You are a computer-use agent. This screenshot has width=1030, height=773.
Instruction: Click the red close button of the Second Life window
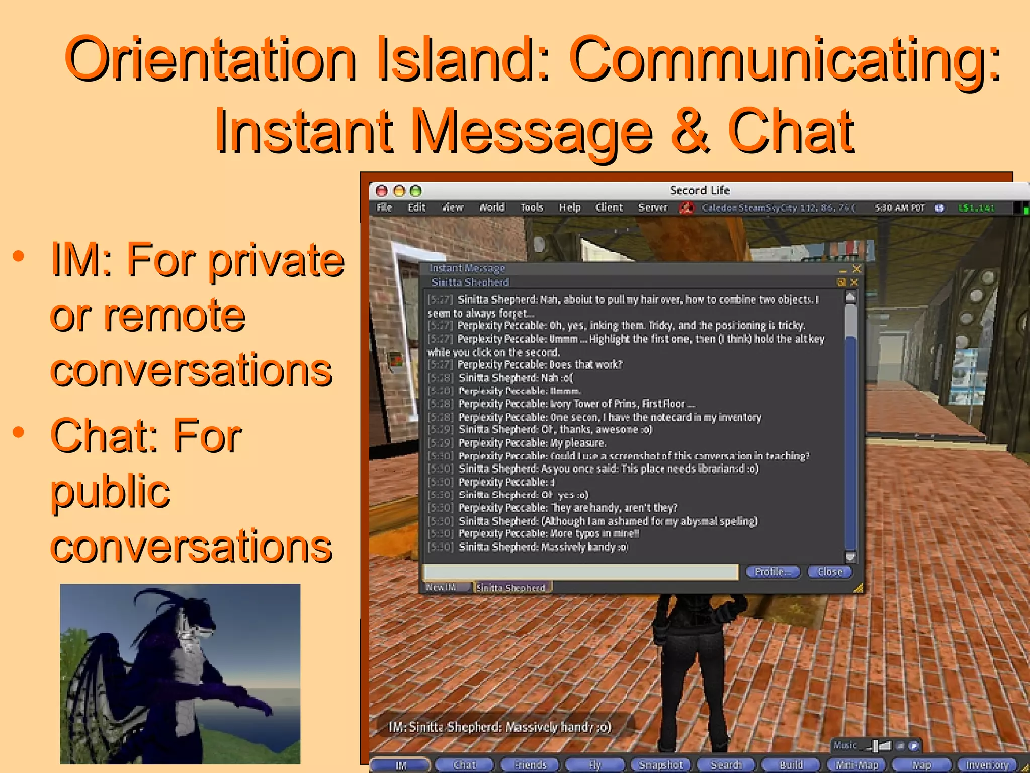tap(382, 191)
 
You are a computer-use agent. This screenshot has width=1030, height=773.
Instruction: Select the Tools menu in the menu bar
tap(532, 207)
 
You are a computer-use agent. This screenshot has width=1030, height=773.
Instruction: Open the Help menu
tap(569, 207)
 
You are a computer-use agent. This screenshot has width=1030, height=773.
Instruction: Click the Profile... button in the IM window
tap(772, 572)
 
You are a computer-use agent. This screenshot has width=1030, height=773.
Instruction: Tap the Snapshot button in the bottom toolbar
tap(660, 765)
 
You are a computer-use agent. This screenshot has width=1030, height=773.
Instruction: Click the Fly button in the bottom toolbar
tap(595, 765)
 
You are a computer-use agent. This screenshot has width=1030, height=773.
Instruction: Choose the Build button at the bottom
tap(791, 765)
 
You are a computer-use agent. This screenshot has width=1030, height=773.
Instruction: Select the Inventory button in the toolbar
tap(987, 765)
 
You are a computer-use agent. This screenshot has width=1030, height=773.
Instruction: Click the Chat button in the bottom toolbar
tap(464, 765)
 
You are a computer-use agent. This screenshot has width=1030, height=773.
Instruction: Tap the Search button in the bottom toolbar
tap(726, 765)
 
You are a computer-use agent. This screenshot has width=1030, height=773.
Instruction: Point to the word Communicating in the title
tap(785, 59)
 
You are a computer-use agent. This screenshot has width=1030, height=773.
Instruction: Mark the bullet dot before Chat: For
tap(19, 432)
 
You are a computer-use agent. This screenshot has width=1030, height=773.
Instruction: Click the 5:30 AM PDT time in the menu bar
tap(899, 208)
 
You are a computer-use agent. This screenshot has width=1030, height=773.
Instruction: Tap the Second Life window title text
tap(699, 190)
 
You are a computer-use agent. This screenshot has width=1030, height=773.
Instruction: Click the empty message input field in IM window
tap(580, 572)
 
